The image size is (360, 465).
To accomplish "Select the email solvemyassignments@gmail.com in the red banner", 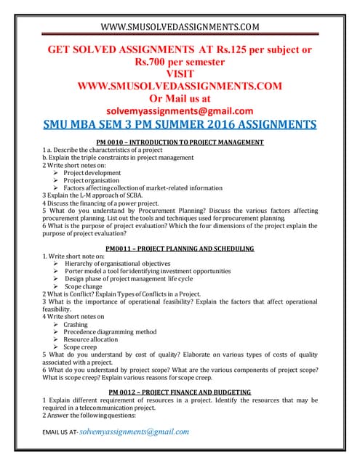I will pos(180,110).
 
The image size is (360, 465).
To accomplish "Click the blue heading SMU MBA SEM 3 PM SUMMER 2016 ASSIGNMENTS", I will pos(180,124).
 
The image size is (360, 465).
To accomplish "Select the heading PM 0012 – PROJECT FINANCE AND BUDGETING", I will pos(180,392).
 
